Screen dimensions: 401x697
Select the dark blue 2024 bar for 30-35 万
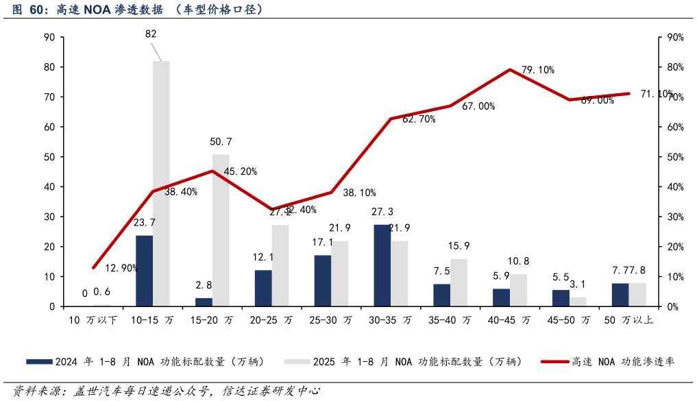[x=382, y=265]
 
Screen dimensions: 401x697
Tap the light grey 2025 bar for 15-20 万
[x=221, y=230]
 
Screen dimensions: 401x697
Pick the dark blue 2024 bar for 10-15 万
[x=144, y=271]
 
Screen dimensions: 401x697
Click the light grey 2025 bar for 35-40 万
[x=459, y=282]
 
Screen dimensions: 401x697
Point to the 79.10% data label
[x=537, y=70]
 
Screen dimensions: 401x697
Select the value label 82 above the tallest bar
[x=151, y=34]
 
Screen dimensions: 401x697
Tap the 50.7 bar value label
[x=221, y=142]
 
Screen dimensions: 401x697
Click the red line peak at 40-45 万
[x=510, y=70]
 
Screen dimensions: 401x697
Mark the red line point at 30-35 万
[x=391, y=119]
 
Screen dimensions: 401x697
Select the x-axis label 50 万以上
[x=628, y=320]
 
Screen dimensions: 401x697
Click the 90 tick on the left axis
[x=49, y=38]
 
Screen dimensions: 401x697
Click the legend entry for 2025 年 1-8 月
[x=404, y=362]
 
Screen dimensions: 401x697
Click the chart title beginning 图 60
[x=137, y=10]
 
